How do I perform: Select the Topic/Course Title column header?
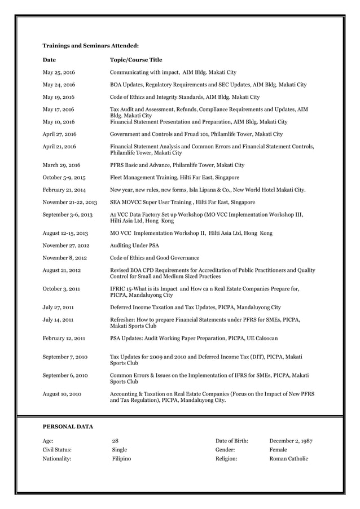(x=135, y=60)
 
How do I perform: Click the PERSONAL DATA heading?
(x=68, y=426)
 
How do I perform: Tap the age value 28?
(x=115, y=441)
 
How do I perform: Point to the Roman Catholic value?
(x=289, y=459)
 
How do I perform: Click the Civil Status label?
(x=58, y=450)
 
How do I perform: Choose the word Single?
(x=119, y=450)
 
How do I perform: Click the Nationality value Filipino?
(x=121, y=459)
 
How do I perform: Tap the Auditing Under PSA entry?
(x=134, y=245)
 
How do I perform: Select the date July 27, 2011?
(x=58, y=308)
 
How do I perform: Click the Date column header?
(x=49, y=60)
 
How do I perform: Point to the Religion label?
(x=226, y=459)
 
